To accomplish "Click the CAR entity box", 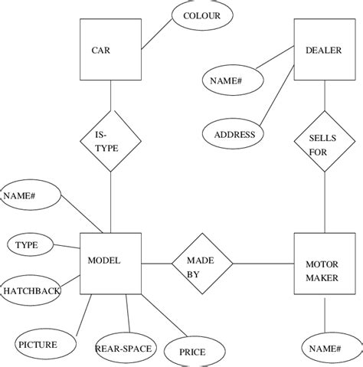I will point(110,51).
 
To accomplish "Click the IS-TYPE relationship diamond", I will point(111,141).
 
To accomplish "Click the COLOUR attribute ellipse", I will point(201,16).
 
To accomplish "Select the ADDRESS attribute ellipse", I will point(234,134).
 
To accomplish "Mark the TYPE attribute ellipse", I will point(31,245).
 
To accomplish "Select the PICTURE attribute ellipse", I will point(46,345).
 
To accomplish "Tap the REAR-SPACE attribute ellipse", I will point(125,349).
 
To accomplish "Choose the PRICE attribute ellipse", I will point(191,351).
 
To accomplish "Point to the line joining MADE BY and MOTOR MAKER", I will point(263,264).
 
